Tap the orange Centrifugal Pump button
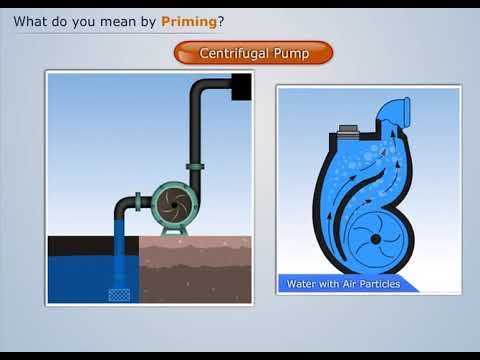[x=253, y=52]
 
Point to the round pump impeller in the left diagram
[x=173, y=203]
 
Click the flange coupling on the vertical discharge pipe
[x=194, y=166]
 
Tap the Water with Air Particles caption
[x=343, y=284]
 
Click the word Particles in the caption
[x=377, y=284]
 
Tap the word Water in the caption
[x=302, y=284]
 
